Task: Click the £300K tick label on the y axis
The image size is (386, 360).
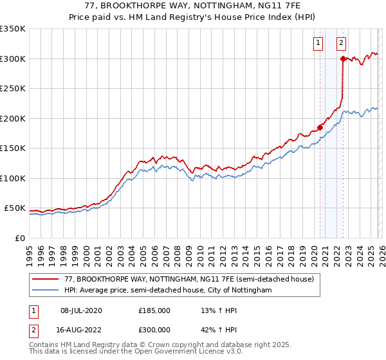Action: click(x=13, y=59)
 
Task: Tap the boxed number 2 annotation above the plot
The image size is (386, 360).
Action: click(x=341, y=44)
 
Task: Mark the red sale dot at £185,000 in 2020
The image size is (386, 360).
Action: click(x=320, y=127)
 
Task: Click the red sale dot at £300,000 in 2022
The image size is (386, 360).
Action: click(x=343, y=59)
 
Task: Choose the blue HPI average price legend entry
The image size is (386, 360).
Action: click(x=168, y=291)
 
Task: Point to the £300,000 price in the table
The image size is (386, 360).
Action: click(x=154, y=329)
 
